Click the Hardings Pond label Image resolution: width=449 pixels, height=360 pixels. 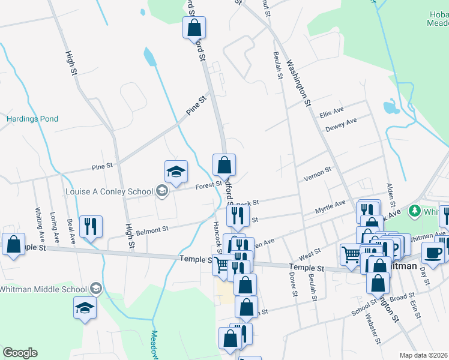point(32,119)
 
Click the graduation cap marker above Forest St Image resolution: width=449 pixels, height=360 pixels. point(176,172)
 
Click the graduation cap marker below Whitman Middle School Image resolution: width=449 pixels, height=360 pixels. point(85,308)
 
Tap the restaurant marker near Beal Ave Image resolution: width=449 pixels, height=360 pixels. point(91,227)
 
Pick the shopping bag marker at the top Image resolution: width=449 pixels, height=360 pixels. point(194,28)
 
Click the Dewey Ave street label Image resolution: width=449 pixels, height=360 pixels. point(341,125)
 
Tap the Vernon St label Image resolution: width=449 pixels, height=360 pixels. point(318,175)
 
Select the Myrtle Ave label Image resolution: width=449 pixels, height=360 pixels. point(331,208)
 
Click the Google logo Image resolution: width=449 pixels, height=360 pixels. point(20,353)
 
